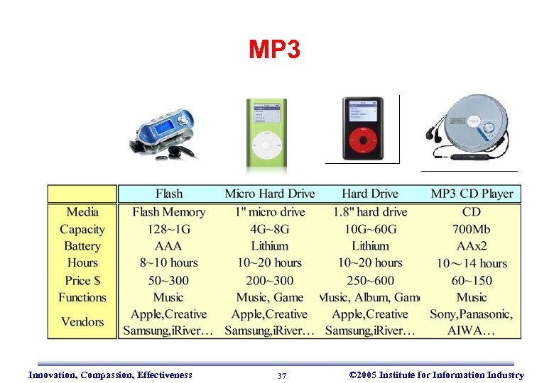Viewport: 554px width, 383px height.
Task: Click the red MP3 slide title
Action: [x=275, y=50]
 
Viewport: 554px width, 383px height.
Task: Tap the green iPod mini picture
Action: [x=266, y=135]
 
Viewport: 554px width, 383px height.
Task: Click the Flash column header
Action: [x=168, y=194]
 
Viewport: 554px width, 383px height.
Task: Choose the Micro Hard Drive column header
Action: [x=269, y=194]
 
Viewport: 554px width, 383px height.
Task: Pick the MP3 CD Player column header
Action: [x=471, y=194]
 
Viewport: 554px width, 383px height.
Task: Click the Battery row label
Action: [x=82, y=246]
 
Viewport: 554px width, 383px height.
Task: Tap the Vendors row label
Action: [x=82, y=321]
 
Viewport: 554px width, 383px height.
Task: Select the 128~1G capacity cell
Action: [x=168, y=229]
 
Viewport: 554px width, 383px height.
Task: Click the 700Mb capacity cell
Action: [x=471, y=229]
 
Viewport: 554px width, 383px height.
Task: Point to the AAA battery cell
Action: [x=168, y=246]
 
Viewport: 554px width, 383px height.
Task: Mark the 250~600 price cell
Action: [x=370, y=280]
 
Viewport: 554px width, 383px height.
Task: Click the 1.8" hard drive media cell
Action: [x=370, y=211]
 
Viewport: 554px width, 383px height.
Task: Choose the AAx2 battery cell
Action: [x=471, y=246]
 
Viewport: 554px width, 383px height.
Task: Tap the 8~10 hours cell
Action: [x=168, y=263]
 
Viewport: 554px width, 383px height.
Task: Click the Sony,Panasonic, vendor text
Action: [x=471, y=314]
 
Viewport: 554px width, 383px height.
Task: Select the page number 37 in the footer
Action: [x=281, y=375]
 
